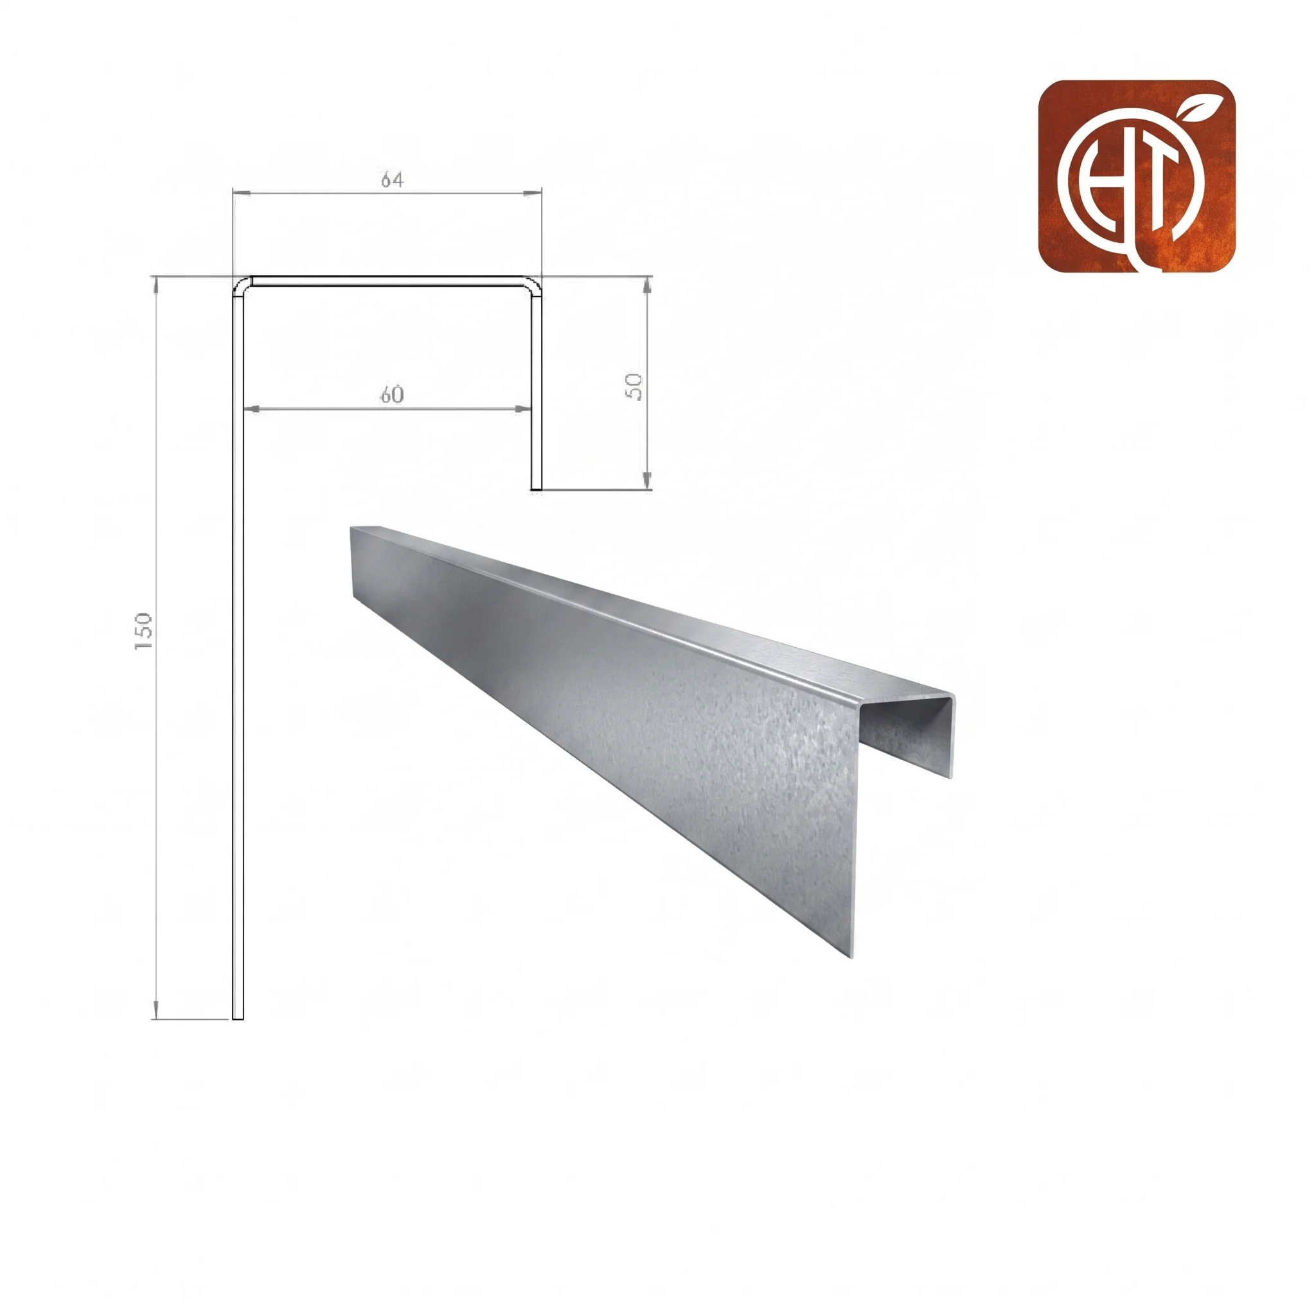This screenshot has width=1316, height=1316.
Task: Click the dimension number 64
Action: (x=393, y=179)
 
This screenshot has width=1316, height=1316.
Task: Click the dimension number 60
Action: (x=392, y=395)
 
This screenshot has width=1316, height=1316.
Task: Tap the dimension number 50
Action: (x=634, y=387)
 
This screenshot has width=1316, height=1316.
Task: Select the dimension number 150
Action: (x=144, y=631)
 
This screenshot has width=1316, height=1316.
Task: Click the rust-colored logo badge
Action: (x=1137, y=177)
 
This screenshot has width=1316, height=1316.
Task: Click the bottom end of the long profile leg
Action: (x=238, y=1018)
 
